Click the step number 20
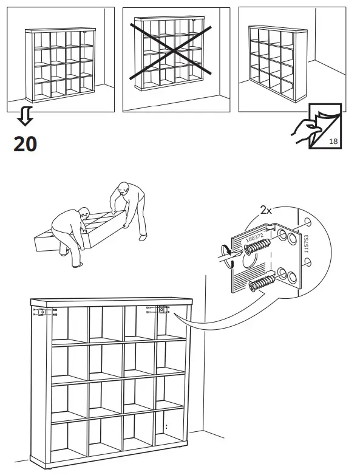[x=25, y=143]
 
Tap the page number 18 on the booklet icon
[x=333, y=142]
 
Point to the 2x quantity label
[x=265, y=210]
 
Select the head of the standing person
[x=124, y=188]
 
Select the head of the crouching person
[x=85, y=214]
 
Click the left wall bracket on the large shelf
[x=41, y=313]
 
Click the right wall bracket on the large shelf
[x=162, y=310]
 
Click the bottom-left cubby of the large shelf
[x=69, y=440]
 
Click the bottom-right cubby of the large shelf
[x=172, y=437]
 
